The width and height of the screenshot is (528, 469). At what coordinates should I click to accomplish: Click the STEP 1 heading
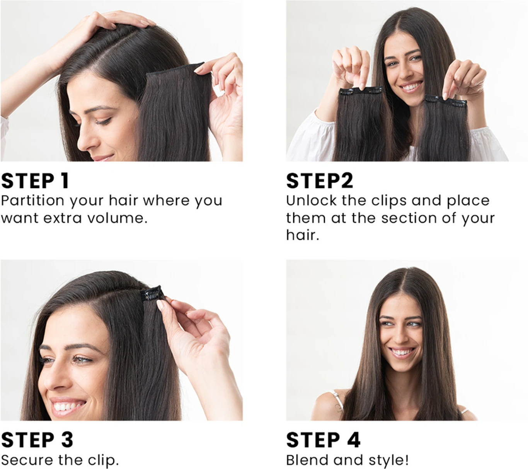tap(35, 180)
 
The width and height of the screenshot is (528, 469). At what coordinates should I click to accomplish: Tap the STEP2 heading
tap(320, 180)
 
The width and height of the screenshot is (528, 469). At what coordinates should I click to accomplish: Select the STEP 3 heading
tap(37, 440)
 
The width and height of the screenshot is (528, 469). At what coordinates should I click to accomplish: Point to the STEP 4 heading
tap(323, 440)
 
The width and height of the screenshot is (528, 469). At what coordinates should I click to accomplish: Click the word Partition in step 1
tap(32, 201)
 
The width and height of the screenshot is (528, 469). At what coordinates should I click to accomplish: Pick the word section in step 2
tap(409, 218)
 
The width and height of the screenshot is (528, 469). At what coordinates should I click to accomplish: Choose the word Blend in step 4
tap(307, 460)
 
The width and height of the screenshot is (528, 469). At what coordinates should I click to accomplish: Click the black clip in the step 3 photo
tap(152, 293)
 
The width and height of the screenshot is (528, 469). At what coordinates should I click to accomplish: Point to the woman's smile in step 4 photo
tap(402, 352)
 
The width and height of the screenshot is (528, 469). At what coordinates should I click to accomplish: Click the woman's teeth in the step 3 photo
tap(68, 406)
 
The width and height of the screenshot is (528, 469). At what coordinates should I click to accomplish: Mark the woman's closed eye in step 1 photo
tap(104, 121)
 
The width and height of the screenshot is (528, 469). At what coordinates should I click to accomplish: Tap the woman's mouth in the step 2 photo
tap(411, 87)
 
